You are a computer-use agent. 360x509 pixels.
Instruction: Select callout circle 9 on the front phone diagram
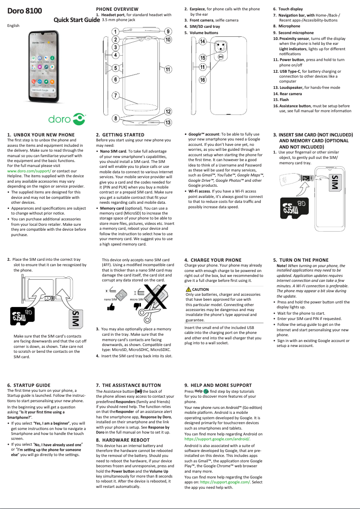pos(167,31)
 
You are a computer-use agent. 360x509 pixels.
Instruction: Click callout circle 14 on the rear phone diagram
pos(202,42)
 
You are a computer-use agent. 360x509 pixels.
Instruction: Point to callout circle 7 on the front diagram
pos(115,96)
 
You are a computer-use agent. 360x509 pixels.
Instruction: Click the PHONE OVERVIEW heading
pos(117,9)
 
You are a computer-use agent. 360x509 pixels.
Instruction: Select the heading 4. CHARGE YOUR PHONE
pos(213,260)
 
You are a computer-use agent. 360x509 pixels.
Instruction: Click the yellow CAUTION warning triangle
pos(189,290)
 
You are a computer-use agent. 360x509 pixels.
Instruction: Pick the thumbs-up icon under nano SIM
pos(110,307)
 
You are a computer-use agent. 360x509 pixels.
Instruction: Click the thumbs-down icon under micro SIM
pos(137,307)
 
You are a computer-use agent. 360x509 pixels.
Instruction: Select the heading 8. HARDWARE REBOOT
pos(123,440)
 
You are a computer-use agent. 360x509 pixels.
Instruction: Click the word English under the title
pos(13,26)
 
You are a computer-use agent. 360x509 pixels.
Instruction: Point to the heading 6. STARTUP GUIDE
pos(29,385)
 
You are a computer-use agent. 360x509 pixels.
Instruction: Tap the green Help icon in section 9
pos(206,391)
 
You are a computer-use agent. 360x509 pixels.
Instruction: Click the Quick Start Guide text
pos(76,20)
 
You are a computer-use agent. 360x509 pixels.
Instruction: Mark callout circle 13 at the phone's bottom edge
pos(167,122)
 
